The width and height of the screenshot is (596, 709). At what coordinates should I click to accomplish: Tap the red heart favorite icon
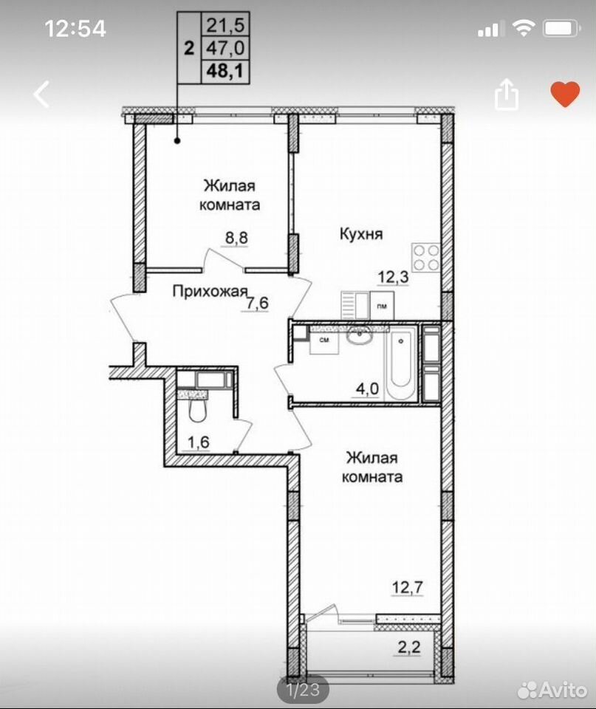[565, 95]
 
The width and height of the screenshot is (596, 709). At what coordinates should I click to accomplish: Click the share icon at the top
[507, 95]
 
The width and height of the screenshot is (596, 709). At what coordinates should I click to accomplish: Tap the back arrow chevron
[41, 94]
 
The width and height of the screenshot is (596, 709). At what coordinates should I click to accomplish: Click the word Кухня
[361, 234]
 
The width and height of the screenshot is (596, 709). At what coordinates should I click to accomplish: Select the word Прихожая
[210, 292]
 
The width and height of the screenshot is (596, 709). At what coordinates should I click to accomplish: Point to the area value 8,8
[236, 238]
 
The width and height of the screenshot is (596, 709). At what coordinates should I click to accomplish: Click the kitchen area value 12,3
[394, 276]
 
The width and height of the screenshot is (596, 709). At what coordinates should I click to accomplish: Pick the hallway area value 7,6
[257, 303]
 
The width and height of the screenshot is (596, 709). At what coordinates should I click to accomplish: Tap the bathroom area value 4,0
[367, 388]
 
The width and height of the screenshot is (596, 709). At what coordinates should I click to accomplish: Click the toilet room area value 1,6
[199, 442]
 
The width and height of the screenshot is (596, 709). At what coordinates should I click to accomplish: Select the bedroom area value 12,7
[408, 587]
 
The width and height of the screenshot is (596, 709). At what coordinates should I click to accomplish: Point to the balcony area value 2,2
[409, 647]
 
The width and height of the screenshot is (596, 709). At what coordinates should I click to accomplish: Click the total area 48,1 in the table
[225, 71]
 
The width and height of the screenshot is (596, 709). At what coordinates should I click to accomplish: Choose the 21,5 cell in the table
[225, 25]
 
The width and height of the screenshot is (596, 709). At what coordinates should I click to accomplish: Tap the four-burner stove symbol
[425, 257]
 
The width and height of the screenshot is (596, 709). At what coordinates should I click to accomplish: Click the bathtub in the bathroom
[400, 363]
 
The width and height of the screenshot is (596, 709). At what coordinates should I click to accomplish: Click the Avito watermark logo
[552, 690]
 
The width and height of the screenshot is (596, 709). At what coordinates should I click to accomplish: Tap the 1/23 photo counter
[303, 690]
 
